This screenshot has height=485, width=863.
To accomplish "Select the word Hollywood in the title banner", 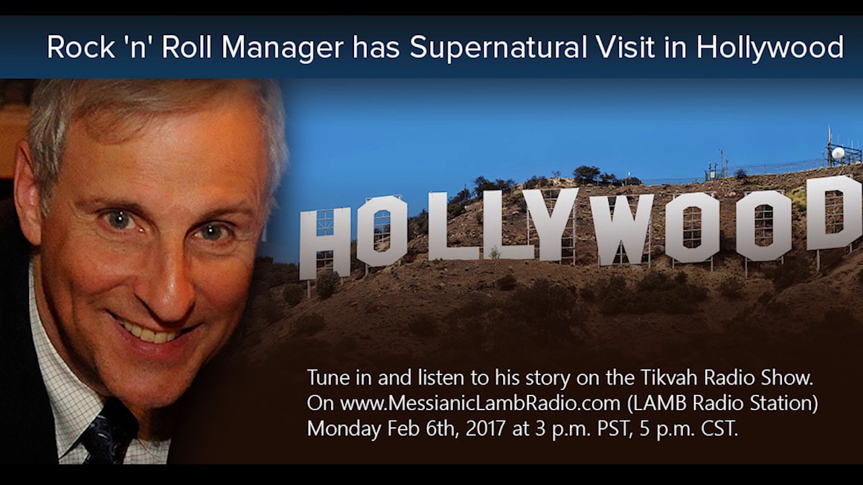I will [770, 48].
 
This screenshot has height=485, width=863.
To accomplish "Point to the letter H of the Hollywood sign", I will [325, 243].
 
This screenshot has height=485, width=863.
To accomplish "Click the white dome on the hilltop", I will [838, 154].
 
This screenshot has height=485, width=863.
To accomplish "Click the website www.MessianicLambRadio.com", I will [479, 403].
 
